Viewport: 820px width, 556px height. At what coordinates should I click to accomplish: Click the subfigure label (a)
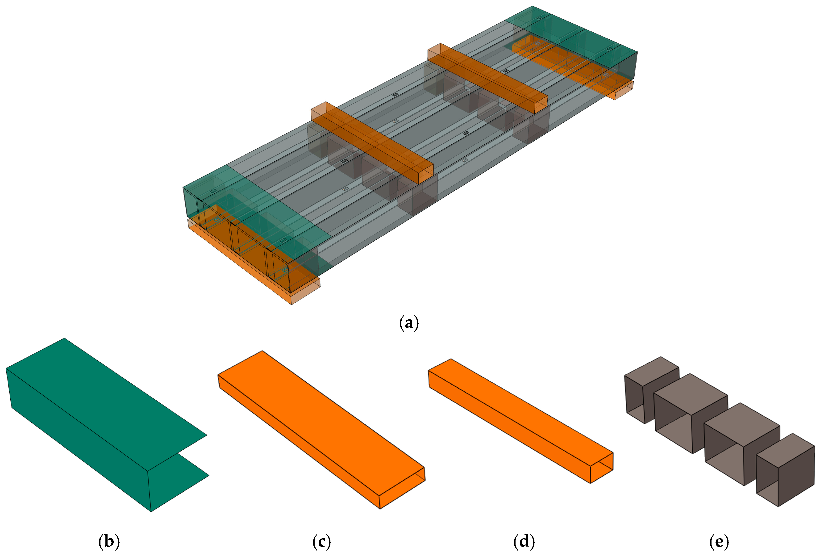(x=409, y=323)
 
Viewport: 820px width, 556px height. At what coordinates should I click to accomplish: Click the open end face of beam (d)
(x=602, y=468)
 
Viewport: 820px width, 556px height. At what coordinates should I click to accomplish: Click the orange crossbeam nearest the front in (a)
(x=374, y=145)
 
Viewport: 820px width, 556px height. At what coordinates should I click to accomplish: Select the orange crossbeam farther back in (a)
(x=487, y=81)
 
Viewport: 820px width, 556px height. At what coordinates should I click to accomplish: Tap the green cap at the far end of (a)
(x=579, y=39)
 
